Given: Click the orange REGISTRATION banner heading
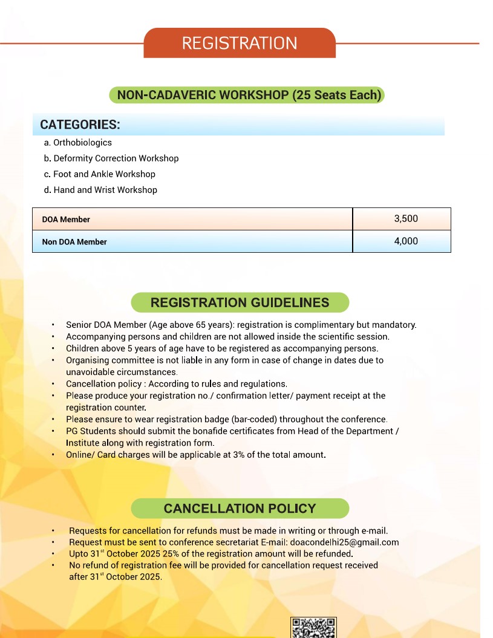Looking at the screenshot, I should coord(240,44).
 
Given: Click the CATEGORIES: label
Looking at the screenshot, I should coord(80,125).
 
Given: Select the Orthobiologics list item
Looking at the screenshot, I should coord(82,143).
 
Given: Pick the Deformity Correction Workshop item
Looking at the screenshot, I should coord(116,158).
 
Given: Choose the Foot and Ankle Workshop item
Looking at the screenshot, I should coord(104,174).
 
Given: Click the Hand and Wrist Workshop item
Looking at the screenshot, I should coord(105,190).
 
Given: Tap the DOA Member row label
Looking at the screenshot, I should coord(66,220).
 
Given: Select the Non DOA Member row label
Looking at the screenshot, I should coord(74,242).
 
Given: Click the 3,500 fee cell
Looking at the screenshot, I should coord(405,219).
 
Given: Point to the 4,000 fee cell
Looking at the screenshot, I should coord(405,241).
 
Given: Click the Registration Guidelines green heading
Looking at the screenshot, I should coord(240,302).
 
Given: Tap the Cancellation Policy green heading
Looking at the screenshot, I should coord(240,509).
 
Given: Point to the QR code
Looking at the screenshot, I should coord(313,628).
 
